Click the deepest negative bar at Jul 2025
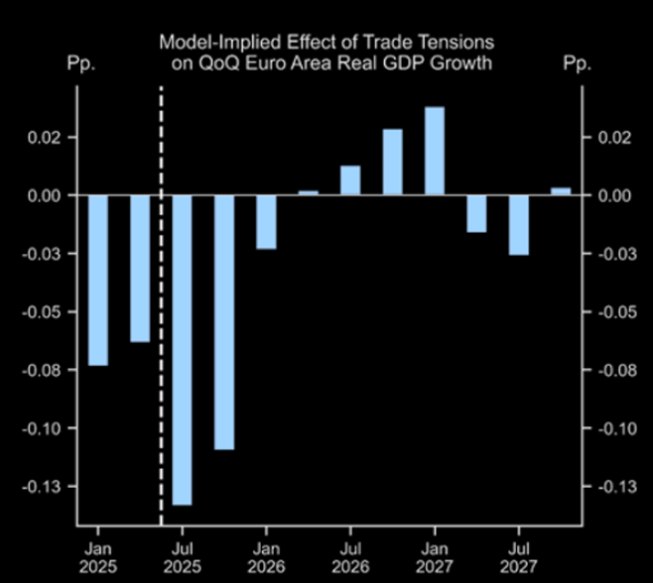[x=182, y=349]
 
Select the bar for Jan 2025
[x=98, y=280]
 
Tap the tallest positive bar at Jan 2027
[x=435, y=151]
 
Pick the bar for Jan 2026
[x=266, y=221]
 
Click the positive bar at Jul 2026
[x=350, y=180]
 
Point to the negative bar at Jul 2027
[x=519, y=225]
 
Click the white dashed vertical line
[x=161, y=297]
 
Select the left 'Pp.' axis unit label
[x=80, y=63]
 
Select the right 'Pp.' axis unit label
[x=576, y=63]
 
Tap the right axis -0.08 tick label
[x=615, y=370]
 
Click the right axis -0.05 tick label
[x=615, y=311]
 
